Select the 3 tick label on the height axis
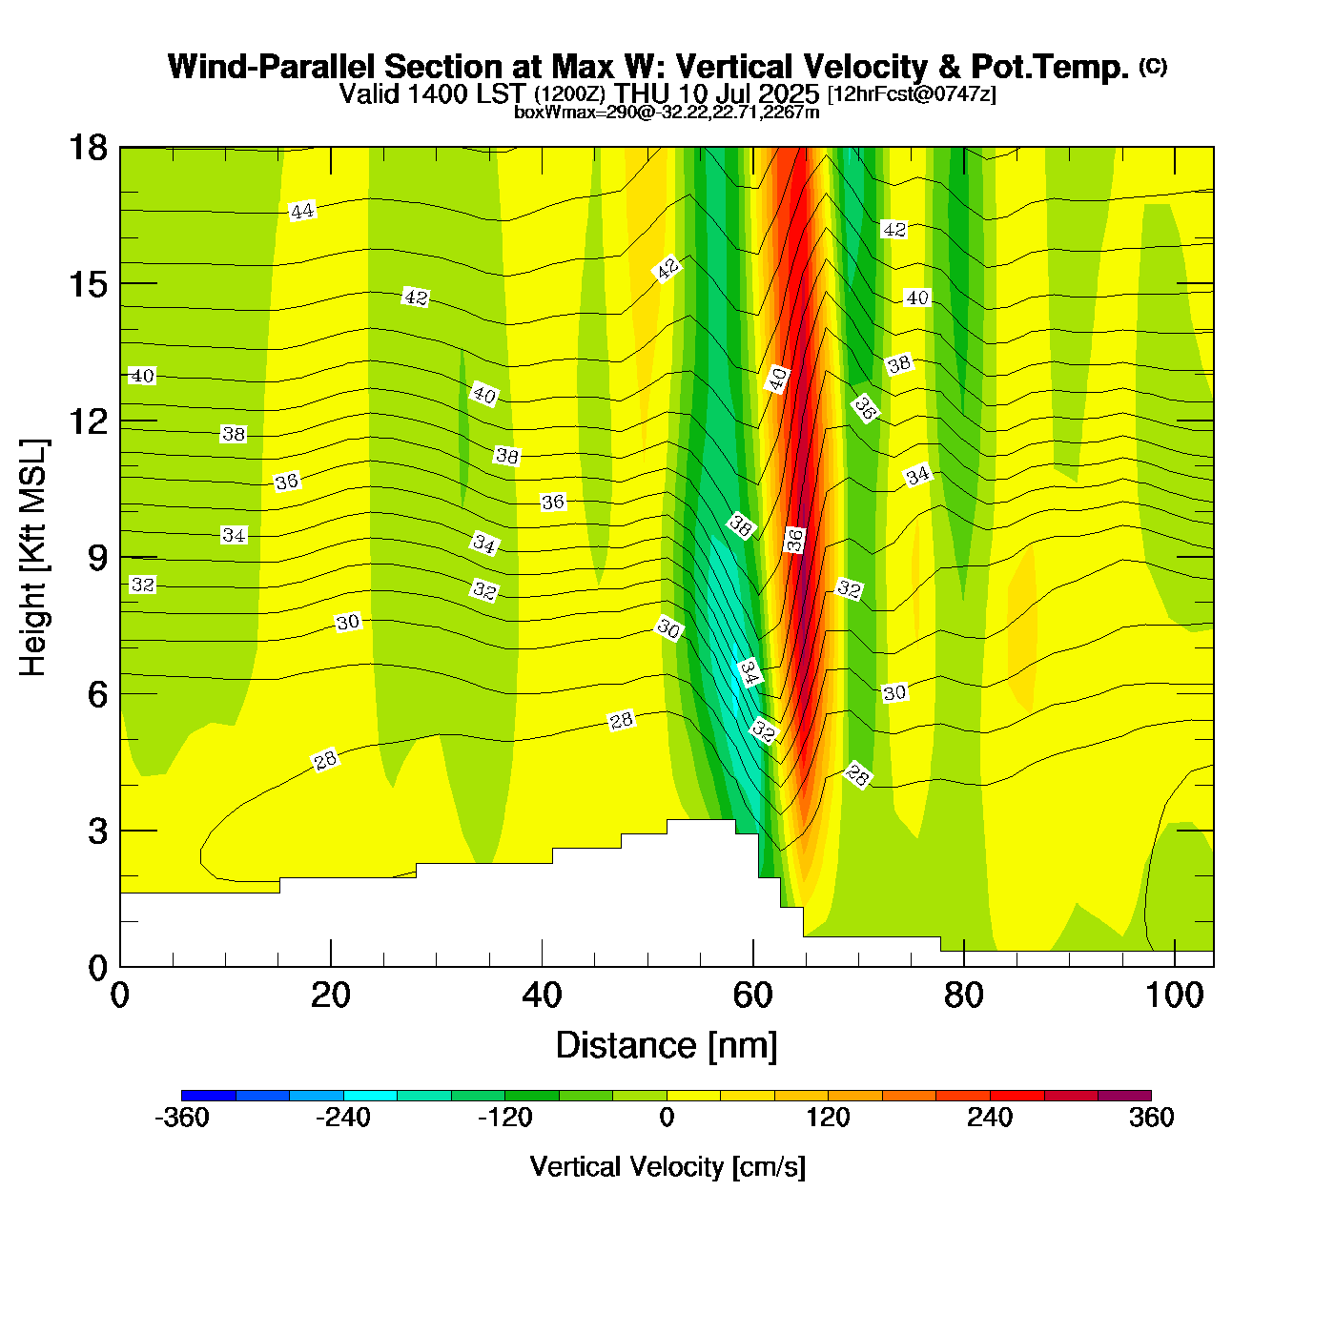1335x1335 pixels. [97, 832]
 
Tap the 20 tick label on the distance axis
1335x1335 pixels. [331, 996]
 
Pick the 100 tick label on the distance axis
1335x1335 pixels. [1175, 996]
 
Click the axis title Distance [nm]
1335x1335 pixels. [667, 1046]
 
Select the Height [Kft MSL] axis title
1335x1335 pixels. [34, 558]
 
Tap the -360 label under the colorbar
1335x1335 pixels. [181, 1118]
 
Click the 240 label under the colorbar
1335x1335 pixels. [990, 1118]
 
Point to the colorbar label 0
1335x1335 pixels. [667, 1118]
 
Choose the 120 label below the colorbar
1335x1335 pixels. [828, 1118]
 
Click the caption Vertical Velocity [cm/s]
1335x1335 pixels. [667, 1166]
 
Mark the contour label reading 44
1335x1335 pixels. [302, 211]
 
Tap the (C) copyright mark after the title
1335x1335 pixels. [1153, 66]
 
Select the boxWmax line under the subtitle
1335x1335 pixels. [667, 112]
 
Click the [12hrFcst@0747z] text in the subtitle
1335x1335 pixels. [912, 94]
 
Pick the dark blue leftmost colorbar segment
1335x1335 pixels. [208, 1096]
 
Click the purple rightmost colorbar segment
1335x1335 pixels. [1125, 1096]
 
